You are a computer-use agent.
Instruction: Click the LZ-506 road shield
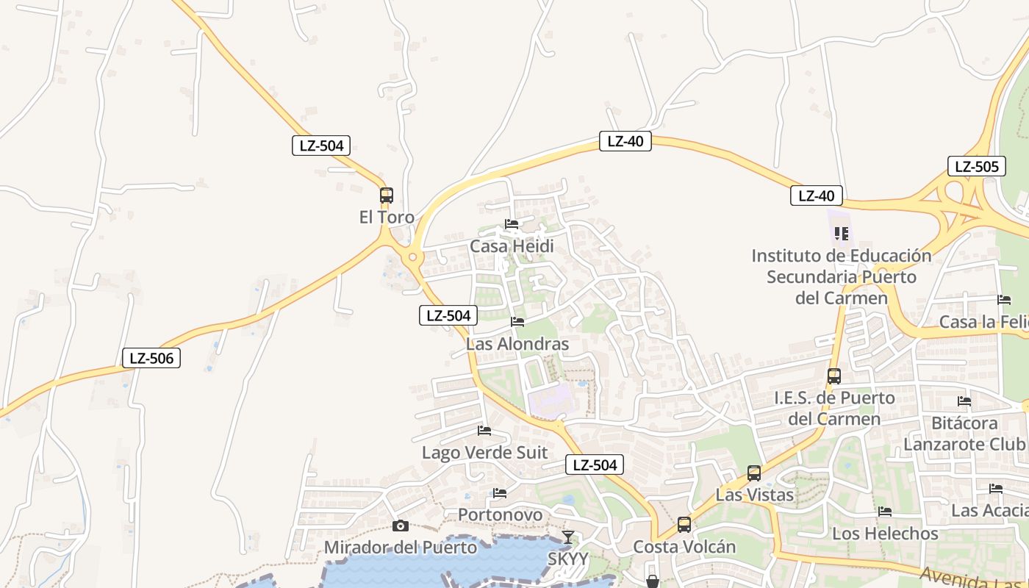tap(151, 358)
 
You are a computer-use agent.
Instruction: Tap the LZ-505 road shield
tap(976, 166)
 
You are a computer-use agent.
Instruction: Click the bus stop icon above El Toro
tap(387, 196)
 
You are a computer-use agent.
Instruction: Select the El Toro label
tap(387, 218)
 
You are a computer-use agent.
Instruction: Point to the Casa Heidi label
tap(512, 246)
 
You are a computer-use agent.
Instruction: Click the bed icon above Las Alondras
tap(517, 321)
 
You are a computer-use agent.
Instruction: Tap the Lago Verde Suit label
tap(484, 453)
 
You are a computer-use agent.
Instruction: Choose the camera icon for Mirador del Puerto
tap(401, 526)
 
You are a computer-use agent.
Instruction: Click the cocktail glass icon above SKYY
tap(568, 537)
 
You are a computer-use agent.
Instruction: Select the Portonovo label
tap(500, 514)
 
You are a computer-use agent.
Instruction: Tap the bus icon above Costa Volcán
tap(684, 525)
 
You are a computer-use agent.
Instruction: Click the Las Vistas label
tap(755, 495)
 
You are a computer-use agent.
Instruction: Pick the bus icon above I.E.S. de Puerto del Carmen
tap(834, 376)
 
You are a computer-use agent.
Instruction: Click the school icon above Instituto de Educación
tap(842, 234)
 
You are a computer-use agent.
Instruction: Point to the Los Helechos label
tap(885, 534)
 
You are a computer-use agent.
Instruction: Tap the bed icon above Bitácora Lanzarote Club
tap(964, 401)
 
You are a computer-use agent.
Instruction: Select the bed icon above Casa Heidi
tap(512, 223)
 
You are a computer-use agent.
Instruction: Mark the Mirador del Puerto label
tap(401, 548)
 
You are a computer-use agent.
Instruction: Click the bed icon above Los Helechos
tap(885, 511)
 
